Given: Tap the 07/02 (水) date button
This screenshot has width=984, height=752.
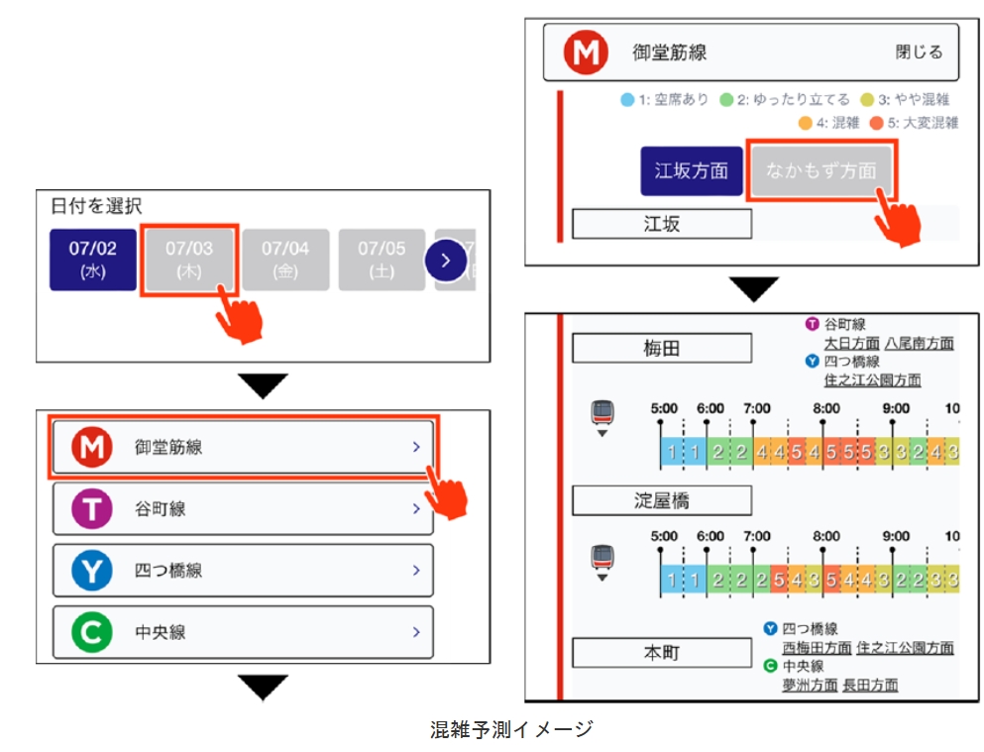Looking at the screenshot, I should coord(93,260).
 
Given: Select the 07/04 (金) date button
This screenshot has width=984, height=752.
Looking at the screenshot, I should coord(285,260).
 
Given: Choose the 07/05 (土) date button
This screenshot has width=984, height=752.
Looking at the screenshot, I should coord(382,260).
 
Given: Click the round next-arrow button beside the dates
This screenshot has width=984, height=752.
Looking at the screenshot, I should coord(446,260).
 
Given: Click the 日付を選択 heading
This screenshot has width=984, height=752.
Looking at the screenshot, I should coord(97,207).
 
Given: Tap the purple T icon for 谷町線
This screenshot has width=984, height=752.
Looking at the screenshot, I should coord(92,509).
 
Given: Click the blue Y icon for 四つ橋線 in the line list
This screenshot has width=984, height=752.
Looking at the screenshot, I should coord(92,572).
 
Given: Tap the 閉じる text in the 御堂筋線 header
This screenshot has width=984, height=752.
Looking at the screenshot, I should coord(919,53).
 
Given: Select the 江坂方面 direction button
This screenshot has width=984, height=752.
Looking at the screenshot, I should coord(692,170).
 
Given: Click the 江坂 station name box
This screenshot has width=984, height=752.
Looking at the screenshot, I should coord(662,224).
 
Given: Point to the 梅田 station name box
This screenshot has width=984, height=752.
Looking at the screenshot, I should coord(662,349).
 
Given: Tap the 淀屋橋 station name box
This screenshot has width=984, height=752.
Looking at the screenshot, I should coord(662,500).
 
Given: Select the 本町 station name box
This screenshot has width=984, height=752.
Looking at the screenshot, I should coord(662,653).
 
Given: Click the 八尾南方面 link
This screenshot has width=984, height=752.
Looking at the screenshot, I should coord(920,344).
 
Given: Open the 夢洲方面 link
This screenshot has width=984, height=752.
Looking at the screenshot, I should coord(810,685).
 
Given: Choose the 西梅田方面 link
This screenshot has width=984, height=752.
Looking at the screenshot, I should coord(817,648).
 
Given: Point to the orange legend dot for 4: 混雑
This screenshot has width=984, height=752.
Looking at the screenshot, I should coord(806,123).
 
